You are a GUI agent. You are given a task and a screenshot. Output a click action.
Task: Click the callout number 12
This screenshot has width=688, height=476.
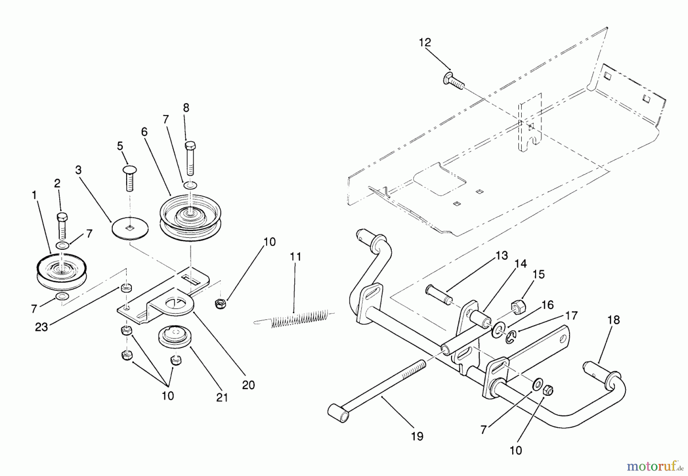coord(425,42)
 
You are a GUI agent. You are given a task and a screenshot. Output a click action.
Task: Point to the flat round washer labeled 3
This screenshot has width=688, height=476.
coord(131,228)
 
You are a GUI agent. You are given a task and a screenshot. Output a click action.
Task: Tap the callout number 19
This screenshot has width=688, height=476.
coord(417,436)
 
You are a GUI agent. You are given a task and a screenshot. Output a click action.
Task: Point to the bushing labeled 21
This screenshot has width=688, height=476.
coord(174,337)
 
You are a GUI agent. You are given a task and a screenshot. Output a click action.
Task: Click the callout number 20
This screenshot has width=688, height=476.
coord(248,385)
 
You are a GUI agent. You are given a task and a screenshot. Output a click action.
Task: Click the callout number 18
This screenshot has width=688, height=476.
coord(613,320)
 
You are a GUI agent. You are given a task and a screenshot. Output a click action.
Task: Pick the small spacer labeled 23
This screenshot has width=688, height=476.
coord(125,287)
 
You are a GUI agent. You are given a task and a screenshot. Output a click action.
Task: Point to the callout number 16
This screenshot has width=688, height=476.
coord(547,305)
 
